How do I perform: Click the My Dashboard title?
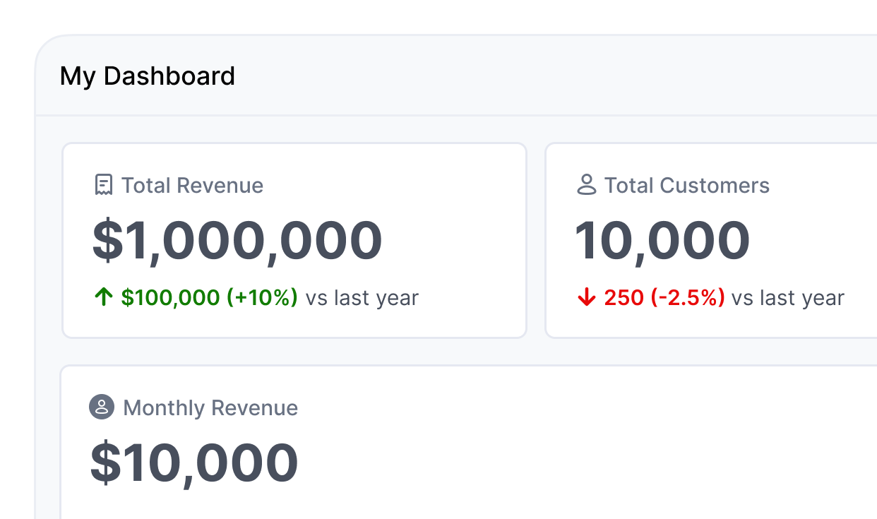coord(147,76)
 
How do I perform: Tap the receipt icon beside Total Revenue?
coord(104,185)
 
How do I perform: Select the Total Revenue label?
coord(192,186)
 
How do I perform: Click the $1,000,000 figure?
coord(237,241)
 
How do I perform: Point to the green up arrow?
coord(104,297)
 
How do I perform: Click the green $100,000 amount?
coord(170,298)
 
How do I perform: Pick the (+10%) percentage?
coord(262,298)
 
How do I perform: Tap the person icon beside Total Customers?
coord(586,185)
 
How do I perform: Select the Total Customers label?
coord(686,186)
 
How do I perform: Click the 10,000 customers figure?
coord(662,241)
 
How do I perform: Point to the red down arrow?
coord(586,298)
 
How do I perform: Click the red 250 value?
coord(624,298)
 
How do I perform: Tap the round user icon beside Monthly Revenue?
coord(102,407)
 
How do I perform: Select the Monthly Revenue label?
coord(210,408)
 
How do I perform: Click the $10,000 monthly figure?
coord(194,463)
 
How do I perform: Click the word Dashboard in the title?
coord(169,76)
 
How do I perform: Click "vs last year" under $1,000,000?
coord(362,298)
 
